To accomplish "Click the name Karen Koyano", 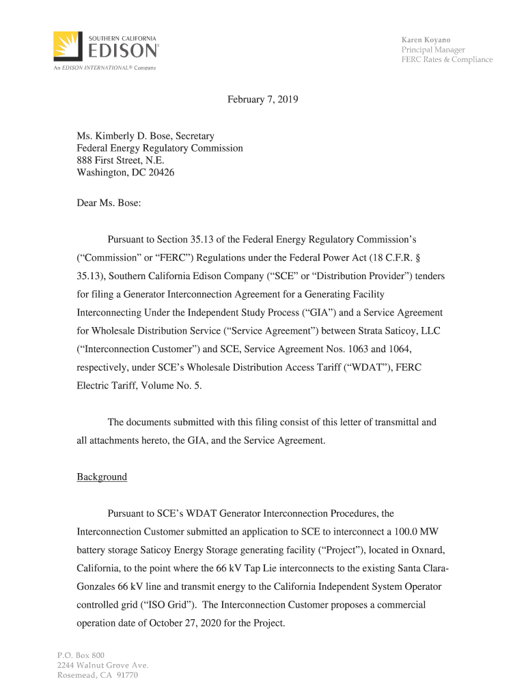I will [x=426, y=40].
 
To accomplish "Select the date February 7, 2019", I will [x=263, y=100].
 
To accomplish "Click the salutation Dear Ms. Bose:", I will [x=109, y=203].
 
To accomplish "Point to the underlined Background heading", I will [x=102, y=476].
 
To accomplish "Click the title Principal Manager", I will [x=433, y=50].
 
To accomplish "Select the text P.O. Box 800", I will [x=81, y=655].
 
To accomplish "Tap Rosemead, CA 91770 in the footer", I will [x=98, y=675].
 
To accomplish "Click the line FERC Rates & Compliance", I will [x=447, y=59].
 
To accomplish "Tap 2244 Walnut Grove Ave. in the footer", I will [x=102, y=666].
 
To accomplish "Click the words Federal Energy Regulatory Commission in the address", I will [x=159, y=148].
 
